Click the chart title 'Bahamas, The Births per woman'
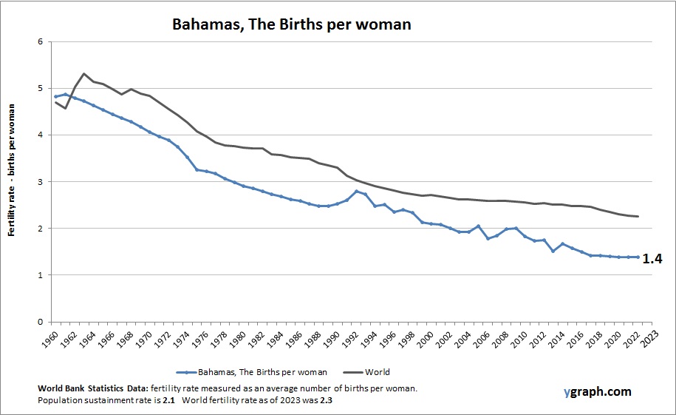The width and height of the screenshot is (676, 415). point(291,24)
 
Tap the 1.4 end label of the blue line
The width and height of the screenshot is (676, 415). point(651,258)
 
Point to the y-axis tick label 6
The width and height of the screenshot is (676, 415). point(40,41)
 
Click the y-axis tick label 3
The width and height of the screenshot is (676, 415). point(40,182)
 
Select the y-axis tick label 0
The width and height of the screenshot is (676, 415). point(40,322)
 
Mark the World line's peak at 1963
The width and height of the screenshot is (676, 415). point(83,73)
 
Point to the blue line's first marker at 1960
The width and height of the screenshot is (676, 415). point(55,97)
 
